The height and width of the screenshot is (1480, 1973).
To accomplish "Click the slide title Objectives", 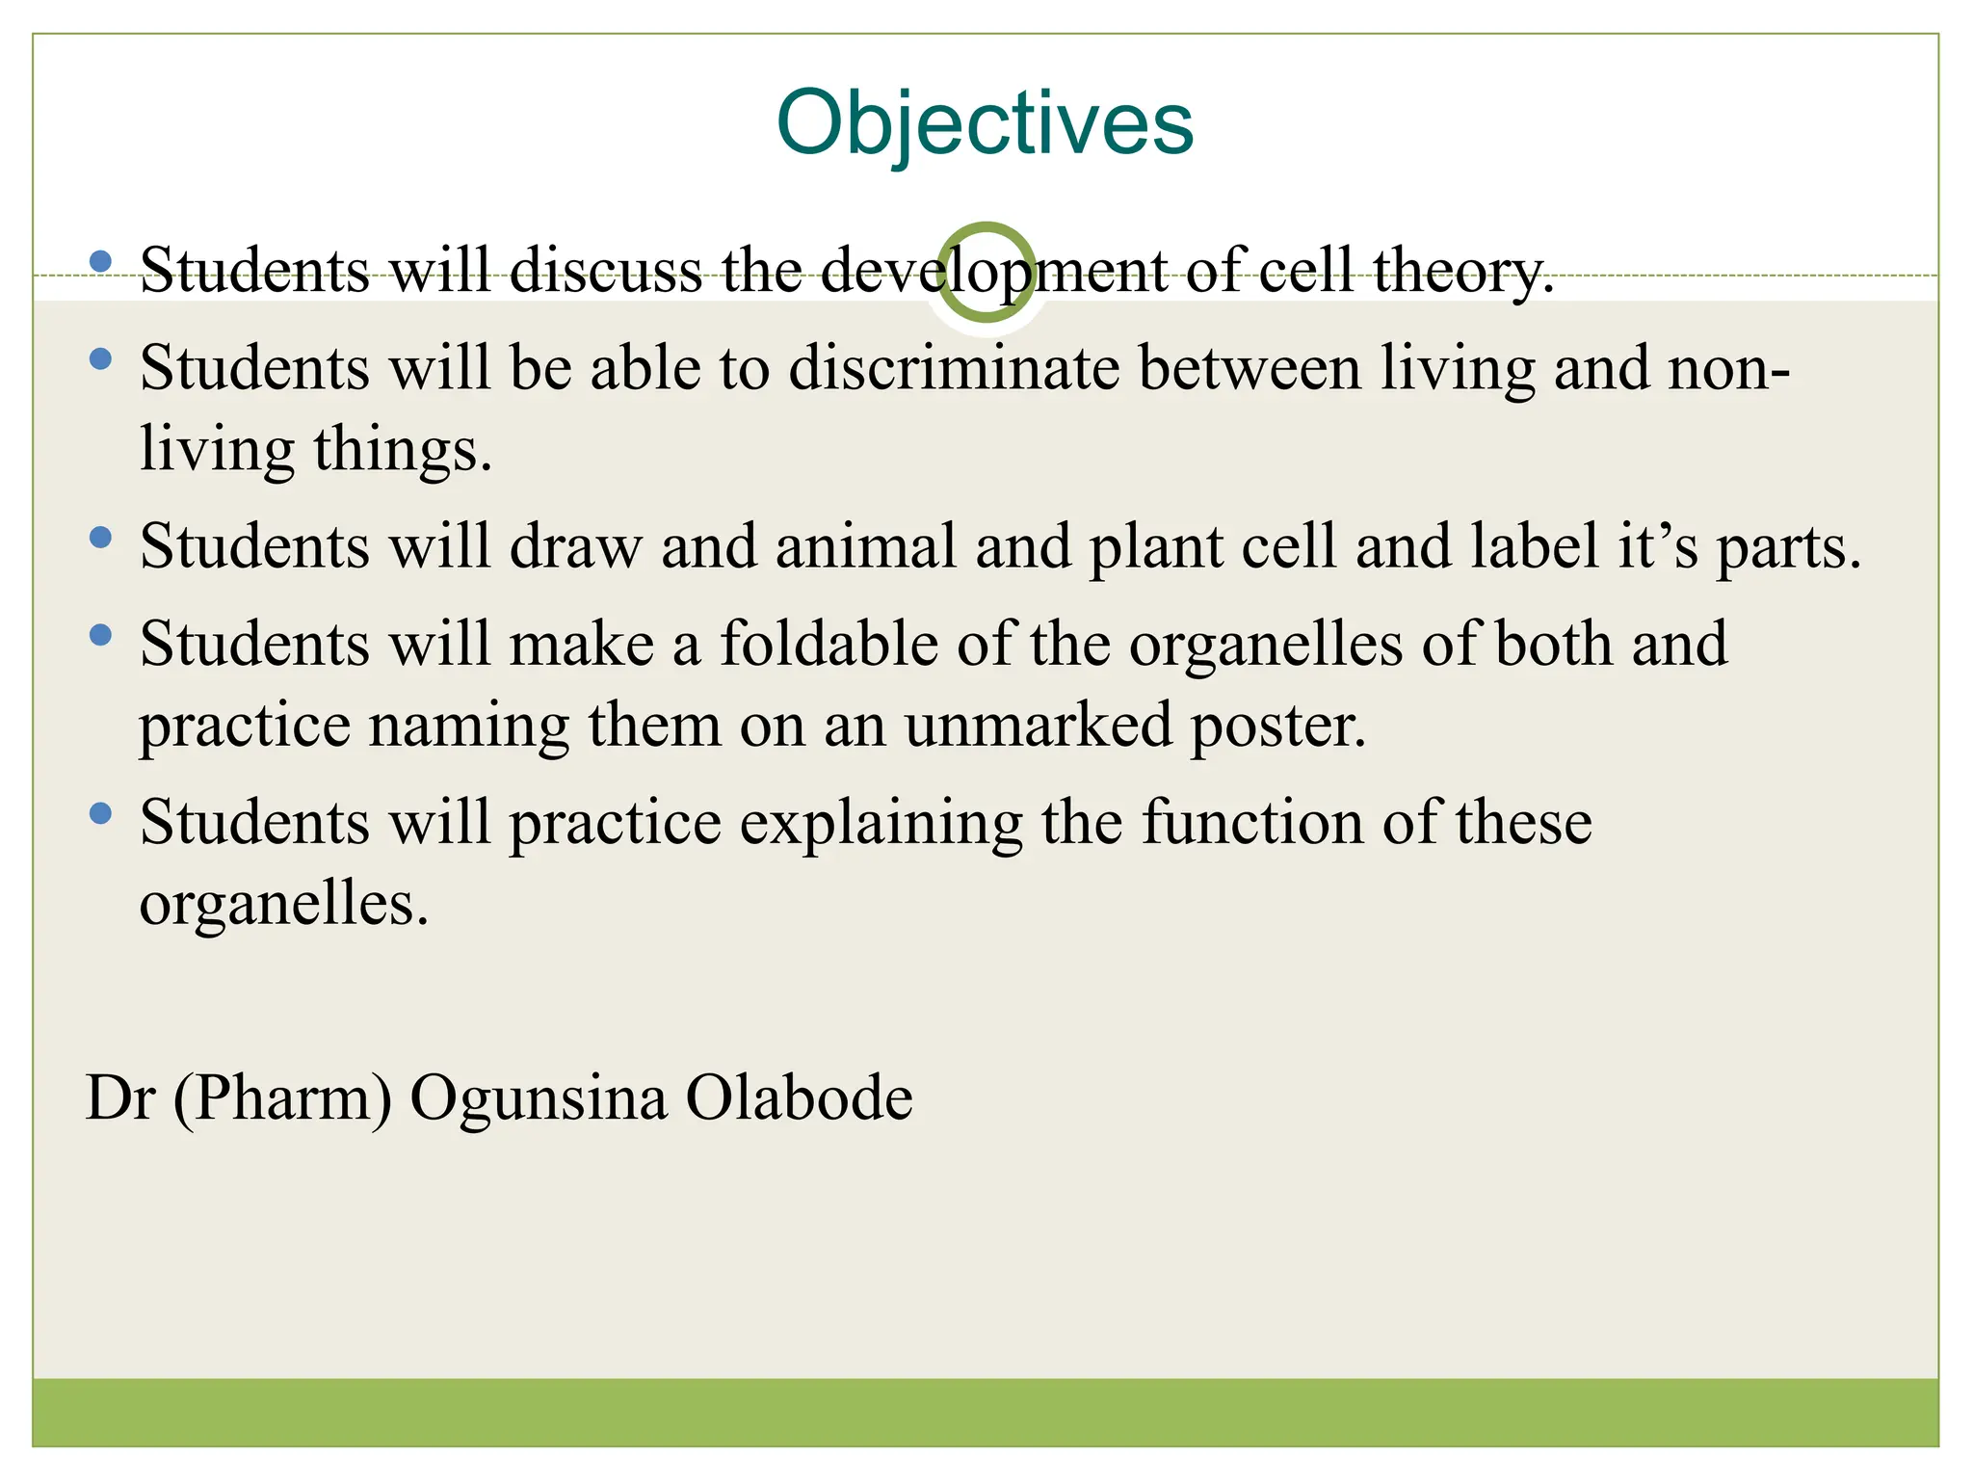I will [985, 123].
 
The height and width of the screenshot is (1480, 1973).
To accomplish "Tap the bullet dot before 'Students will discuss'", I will [100, 261].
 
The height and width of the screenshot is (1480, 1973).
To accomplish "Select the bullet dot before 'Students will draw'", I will [100, 538].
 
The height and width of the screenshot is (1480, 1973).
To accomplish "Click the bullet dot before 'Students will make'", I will [100, 635].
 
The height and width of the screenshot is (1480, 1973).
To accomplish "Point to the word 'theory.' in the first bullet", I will [1463, 271].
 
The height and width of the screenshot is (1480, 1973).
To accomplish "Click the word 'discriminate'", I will [954, 369].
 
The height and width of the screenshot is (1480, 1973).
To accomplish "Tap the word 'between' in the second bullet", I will [1250, 369].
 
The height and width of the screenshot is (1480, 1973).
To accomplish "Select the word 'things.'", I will [403, 450].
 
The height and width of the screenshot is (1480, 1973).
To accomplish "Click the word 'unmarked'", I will [1039, 726].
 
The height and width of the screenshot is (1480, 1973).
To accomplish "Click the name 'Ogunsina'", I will [539, 1098].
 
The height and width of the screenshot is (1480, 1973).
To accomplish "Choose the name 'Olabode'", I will [799, 1098].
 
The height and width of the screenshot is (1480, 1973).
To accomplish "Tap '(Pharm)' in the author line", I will [282, 1098].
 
